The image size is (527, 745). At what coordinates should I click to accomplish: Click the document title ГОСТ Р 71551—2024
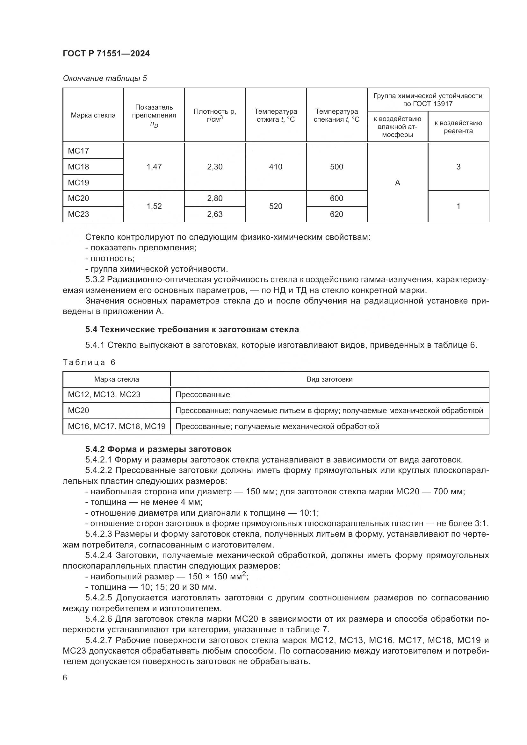pyautogui.click(x=106, y=54)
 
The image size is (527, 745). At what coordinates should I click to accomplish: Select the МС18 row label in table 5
pyautogui.click(x=78, y=167)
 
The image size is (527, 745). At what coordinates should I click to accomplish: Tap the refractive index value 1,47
pyautogui.click(x=154, y=167)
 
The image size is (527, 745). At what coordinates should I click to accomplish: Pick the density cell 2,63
pyautogui.click(x=214, y=214)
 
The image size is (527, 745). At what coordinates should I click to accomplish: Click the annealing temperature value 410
pyautogui.click(x=276, y=167)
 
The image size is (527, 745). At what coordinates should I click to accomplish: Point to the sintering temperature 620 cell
pyautogui.click(x=336, y=214)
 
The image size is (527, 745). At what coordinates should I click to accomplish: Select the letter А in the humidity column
pyautogui.click(x=397, y=183)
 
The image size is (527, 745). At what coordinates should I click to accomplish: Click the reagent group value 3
pyautogui.click(x=458, y=167)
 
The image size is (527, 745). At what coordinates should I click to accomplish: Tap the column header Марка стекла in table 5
pyautogui.click(x=93, y=115)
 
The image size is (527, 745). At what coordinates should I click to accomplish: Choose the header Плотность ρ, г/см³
pyautogui.click(x=214, y=115)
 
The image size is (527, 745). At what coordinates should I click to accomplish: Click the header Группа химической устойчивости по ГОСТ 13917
pyautogui.click(x=428, y=100)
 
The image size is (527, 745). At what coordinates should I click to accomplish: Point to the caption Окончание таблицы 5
pyautogui.click(x=105, y=78)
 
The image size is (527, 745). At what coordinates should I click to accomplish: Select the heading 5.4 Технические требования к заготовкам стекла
pyautogui.click(x=192, y=330)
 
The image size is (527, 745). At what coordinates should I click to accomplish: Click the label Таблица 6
pyautogui.click(x=89, y=362)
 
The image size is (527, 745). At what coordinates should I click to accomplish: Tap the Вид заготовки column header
pyautogui.click(x=329, y=379)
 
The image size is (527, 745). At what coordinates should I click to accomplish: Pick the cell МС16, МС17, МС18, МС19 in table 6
pyautogui.click(x=117, y=426)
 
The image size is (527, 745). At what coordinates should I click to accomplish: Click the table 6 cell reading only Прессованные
pyautogui.click(x=203, y=395)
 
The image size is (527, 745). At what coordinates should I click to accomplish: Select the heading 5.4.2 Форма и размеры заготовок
pyautogui.click(x=158, y=449)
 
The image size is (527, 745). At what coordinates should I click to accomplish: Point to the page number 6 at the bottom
pyautogui.click(x=65, y=677)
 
